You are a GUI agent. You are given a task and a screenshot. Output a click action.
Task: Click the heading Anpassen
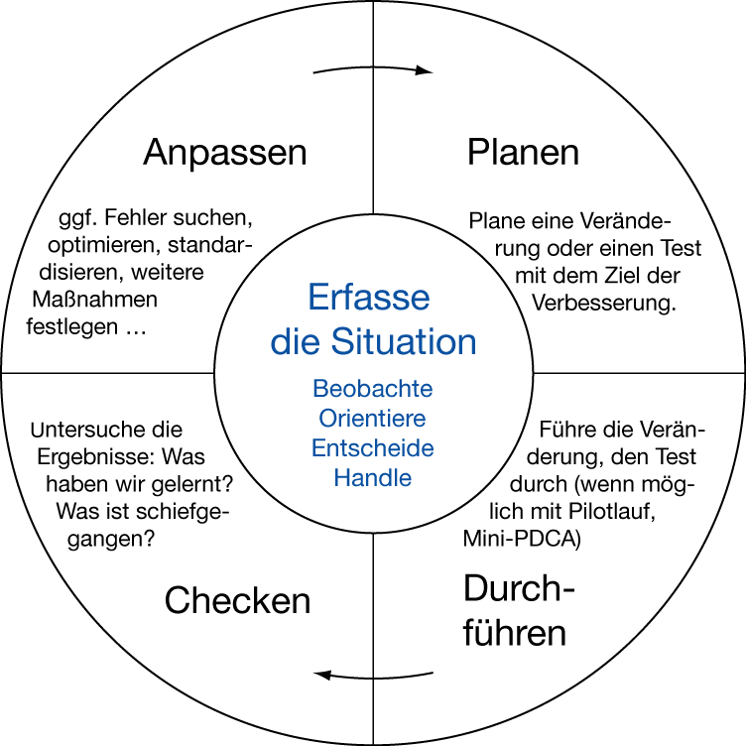[x=224, y=153]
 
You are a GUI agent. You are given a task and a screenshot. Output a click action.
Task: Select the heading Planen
[x=523, y=153]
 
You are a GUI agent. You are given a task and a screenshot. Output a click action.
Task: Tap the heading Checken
[x=238, y=600]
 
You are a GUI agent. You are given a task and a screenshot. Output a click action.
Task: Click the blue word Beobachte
[x=372, y=388]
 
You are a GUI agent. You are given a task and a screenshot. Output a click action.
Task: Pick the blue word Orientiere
[x=372, y=418]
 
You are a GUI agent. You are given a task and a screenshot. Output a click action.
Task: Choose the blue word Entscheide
[x=372, y=448]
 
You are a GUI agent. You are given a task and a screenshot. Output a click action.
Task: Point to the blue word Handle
[x=372, y=478]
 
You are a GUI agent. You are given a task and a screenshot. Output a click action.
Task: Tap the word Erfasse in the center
[x=368, y=298]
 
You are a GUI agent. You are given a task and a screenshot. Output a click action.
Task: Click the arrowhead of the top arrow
[x=425, y=71]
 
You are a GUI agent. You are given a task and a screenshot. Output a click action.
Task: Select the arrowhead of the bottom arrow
[x=321, y=676]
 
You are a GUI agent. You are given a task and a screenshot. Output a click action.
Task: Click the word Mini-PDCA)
[x=522, y=541]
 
